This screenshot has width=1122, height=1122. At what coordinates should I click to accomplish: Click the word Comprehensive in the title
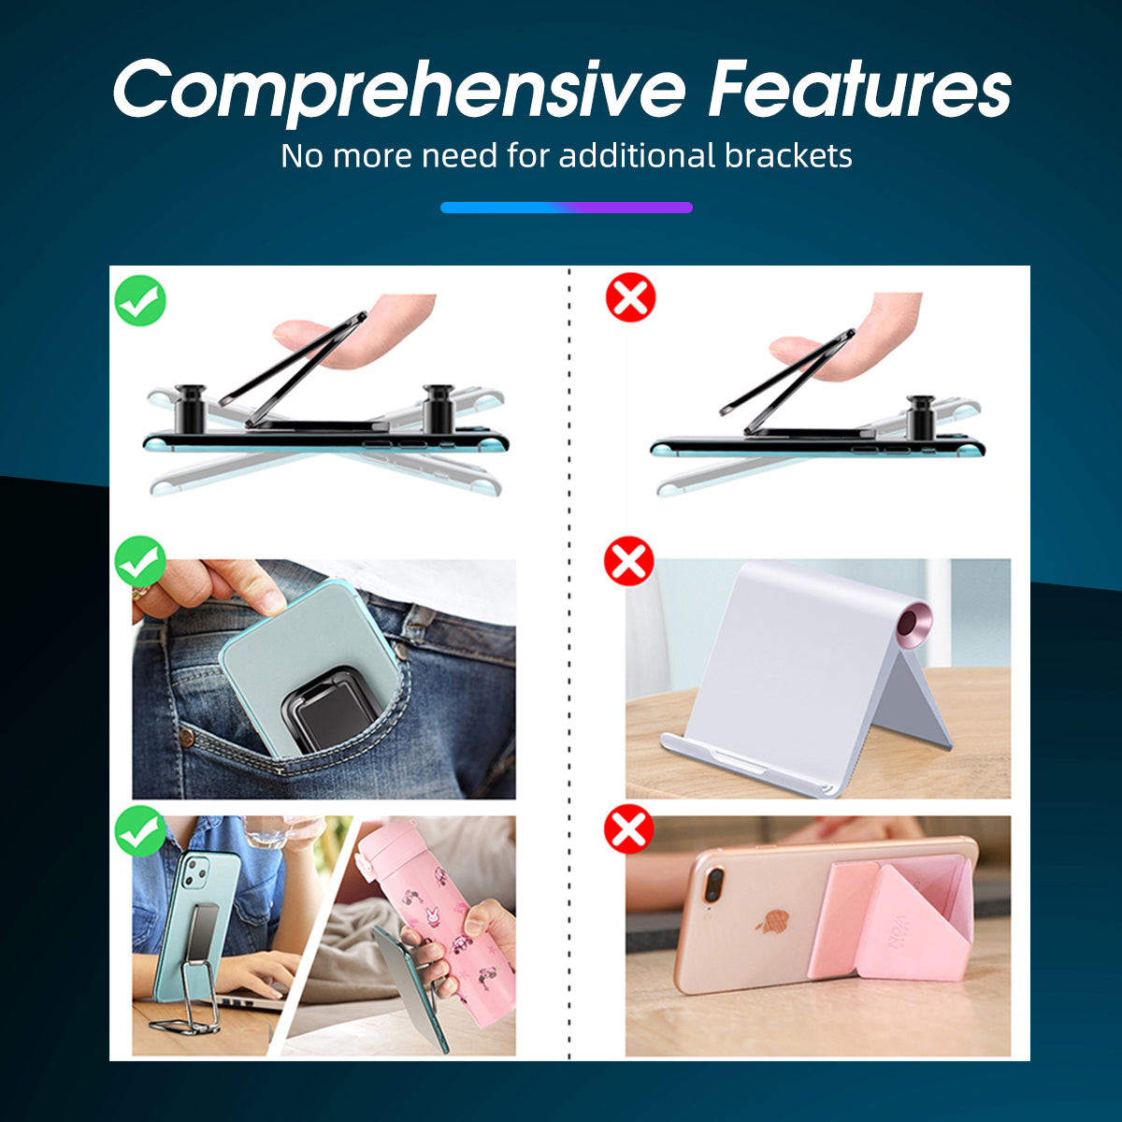399,92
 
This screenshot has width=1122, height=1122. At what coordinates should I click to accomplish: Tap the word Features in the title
859,89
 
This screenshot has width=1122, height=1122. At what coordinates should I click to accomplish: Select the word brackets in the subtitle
788,155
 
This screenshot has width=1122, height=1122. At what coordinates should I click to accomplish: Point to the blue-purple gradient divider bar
566,208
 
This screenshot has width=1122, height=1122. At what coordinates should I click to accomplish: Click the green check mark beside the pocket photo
140,561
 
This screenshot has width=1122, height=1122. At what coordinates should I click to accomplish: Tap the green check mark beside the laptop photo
140,831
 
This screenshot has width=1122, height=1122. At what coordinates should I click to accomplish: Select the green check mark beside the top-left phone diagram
140,300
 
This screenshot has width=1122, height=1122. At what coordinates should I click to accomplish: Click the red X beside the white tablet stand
629,561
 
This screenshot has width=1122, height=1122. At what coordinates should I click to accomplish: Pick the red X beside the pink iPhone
629,829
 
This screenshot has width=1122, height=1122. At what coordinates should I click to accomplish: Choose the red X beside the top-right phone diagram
630,297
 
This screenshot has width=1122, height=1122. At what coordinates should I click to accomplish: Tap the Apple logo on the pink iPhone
772,922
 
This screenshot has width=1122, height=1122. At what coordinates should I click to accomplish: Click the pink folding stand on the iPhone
892,920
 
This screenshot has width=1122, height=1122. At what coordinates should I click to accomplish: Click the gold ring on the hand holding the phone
140,593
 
